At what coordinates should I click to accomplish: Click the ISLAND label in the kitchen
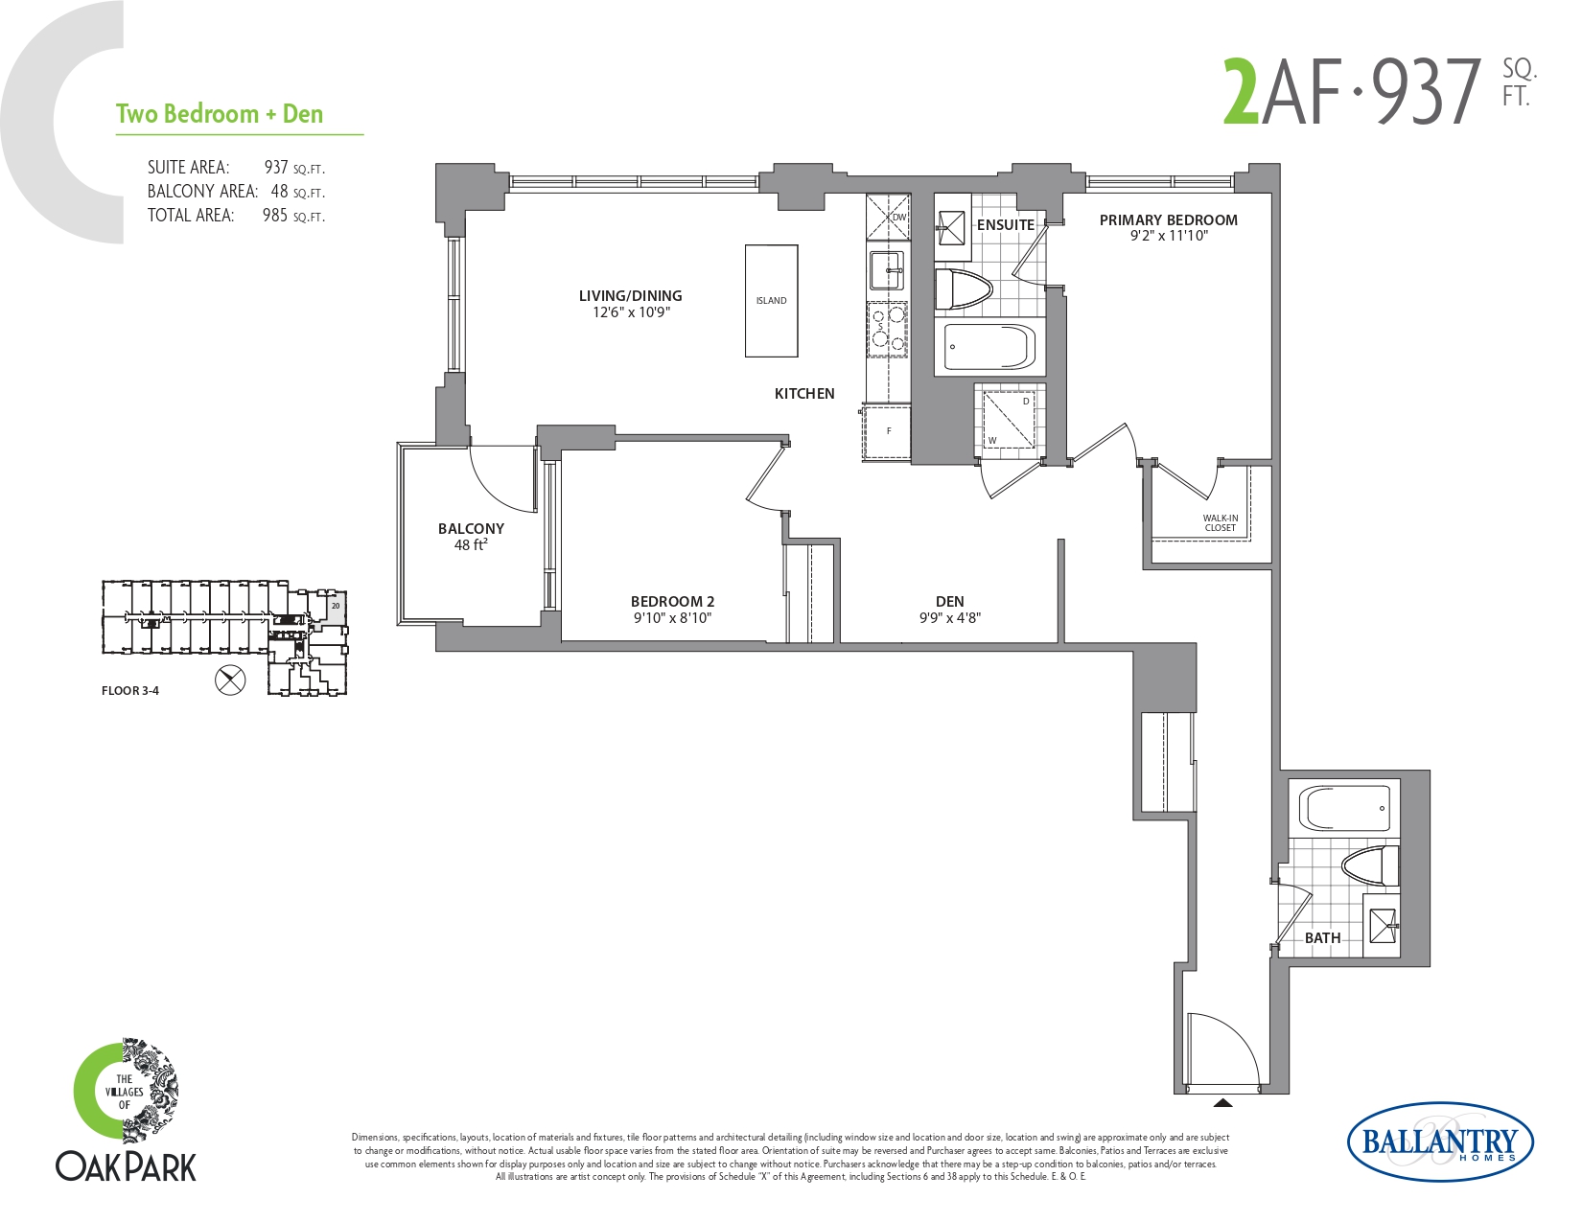point(771,301)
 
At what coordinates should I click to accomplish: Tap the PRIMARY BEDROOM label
point(1168,219)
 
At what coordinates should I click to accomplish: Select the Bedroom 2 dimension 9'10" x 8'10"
point(672,618)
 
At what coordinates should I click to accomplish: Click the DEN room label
point(949,601)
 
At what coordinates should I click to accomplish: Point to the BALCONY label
point(471,528)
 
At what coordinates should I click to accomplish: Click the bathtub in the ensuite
point(989,346)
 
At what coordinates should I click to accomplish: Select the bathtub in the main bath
point(1344,807)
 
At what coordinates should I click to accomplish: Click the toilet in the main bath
point(1370,865)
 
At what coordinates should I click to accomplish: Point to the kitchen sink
point(887,270)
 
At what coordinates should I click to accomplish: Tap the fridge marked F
point(887,433)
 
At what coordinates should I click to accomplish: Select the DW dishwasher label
point(899,217)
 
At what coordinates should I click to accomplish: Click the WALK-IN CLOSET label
point(1221,522)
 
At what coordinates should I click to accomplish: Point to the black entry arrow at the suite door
point(1223,1102)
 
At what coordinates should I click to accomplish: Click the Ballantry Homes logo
point(1441,1141)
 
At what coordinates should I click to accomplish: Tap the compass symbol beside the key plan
point(230,680)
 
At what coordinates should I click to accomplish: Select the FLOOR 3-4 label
point(130,691)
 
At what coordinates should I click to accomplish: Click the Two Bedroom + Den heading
point(220,114)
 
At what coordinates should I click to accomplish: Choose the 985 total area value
point(275,216)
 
